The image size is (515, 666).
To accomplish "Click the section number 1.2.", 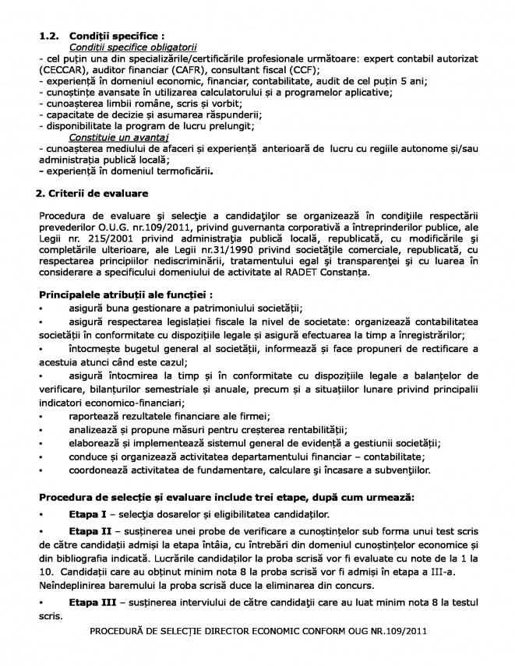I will (x=48, y=36).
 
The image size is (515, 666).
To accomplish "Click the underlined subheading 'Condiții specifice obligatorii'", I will (x=133, y=48).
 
